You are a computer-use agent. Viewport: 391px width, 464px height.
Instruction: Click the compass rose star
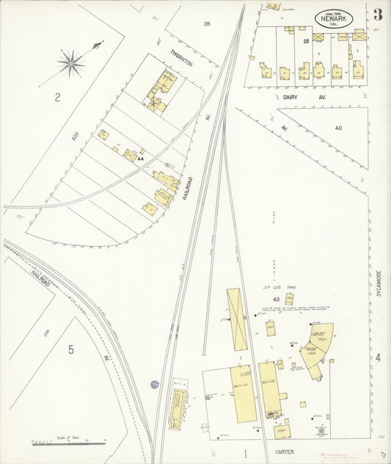[71, 64]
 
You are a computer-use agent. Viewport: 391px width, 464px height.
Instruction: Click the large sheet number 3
[377, 15]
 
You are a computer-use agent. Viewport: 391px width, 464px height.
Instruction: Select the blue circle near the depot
[155, 384]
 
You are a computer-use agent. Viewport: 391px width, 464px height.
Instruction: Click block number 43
[276, 300]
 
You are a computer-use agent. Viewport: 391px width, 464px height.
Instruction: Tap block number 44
[139, 159]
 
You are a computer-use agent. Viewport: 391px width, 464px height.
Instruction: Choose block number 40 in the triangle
[337, 128]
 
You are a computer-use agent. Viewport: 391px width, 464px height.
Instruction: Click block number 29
[305, 40]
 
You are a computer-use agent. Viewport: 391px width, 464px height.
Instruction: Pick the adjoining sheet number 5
[70, 349]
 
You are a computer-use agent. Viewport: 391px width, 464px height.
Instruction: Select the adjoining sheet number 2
[56, 98]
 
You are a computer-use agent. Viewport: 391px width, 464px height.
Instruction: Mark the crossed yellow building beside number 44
[131, 155]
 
